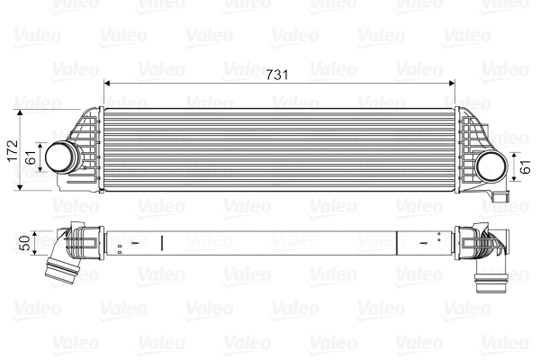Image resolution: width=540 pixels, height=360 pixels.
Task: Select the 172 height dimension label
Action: [11, 149]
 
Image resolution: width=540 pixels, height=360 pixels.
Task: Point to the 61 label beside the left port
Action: [30, 157]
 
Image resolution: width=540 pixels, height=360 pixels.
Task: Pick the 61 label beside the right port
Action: [527, 166]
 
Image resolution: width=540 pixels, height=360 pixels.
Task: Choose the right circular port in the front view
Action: [491, 165]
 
